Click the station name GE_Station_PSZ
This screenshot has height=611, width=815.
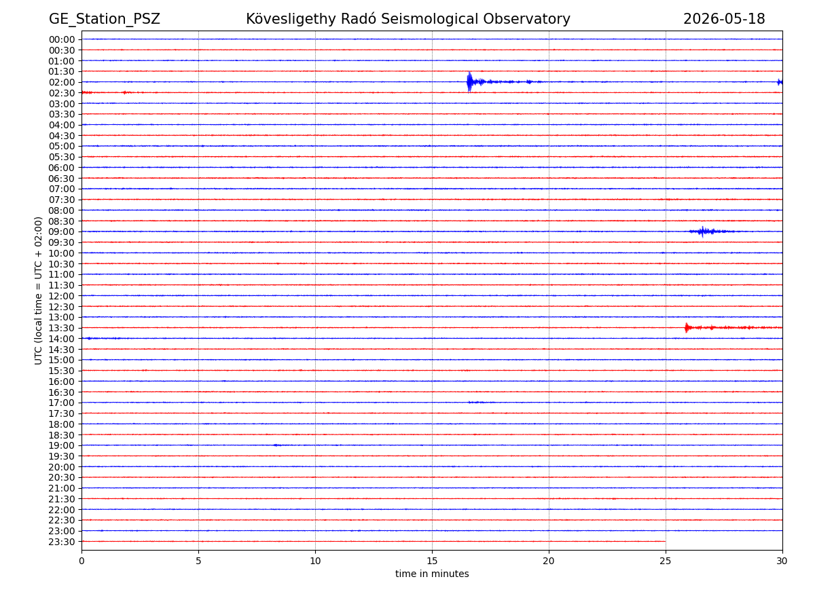(x=105, y=19)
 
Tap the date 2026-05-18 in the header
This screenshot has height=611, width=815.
(x=724, y=19)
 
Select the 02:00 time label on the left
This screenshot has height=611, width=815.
(x=62, y=82)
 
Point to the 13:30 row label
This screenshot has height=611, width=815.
(x=62, y=328)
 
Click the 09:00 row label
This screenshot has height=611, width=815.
(x=62, y=232)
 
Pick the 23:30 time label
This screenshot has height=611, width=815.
(x=62, y=542)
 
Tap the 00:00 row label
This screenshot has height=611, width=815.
(x=62, y=39)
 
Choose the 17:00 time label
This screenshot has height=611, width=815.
(x=62, y=403)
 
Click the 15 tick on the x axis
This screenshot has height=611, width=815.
(x=432, y=561)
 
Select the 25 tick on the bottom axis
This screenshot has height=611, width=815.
(x=666, y=561)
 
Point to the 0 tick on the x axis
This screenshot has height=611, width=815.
(x=81, y=561)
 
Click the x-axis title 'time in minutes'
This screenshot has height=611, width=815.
(x=432, y=574)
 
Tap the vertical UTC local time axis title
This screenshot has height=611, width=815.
(x=38, y=291)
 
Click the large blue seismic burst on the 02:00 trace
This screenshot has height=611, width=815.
(x=470, y=82)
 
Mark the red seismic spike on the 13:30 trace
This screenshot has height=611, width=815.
(x=687, y=328)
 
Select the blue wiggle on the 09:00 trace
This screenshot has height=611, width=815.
(x=703, y=232)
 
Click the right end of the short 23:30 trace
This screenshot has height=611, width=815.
(x=666, y=541)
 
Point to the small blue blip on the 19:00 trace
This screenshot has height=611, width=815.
(x=276, y=445)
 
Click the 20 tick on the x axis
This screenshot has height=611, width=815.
(x=549, y=561)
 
